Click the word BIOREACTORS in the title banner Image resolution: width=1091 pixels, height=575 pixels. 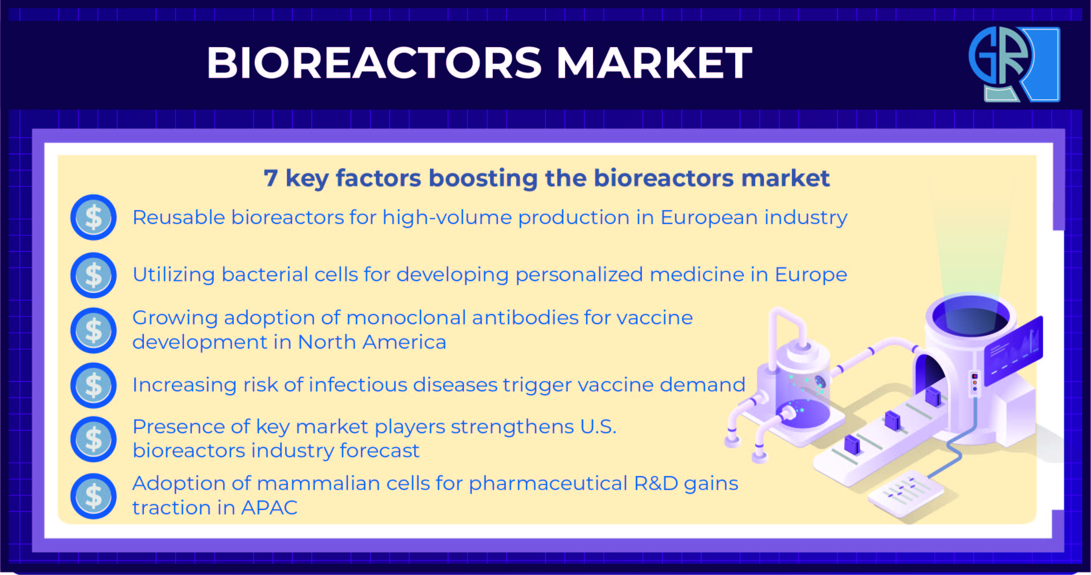point(374,63)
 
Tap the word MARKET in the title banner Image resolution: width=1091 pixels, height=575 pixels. point(655,63)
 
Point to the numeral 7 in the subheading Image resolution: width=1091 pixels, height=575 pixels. point(270,178)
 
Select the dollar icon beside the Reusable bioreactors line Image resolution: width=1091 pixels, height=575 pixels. point(93,217)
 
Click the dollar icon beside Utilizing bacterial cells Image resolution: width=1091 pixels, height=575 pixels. point(93,275)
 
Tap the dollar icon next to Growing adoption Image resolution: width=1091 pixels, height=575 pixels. point(93,330)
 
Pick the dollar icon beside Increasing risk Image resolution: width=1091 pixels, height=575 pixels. point(93,385)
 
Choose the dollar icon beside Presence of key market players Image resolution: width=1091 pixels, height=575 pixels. point(93,439)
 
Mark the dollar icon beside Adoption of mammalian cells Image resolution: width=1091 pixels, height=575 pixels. point(93,496)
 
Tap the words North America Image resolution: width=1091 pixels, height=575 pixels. point(372,342)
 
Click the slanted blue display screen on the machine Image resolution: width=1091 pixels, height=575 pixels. point(1013,350)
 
